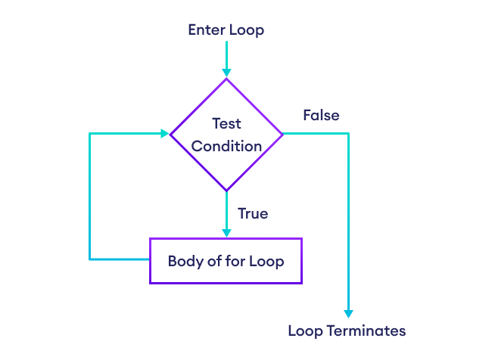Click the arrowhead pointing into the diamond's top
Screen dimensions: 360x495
226,72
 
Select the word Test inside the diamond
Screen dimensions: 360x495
226,123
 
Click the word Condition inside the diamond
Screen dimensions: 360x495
226,146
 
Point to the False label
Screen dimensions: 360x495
321,116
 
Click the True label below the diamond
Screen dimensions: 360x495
253,214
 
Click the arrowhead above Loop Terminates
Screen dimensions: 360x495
349,313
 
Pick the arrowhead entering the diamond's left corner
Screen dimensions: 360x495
164,134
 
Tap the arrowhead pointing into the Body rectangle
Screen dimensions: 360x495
226,233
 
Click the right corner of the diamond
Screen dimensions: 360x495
282,134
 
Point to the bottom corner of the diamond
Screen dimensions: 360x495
226,191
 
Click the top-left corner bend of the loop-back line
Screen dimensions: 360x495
90,134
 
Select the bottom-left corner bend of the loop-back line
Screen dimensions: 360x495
90,259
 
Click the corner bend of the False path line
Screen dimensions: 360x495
349,134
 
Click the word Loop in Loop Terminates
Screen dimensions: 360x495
304,331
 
